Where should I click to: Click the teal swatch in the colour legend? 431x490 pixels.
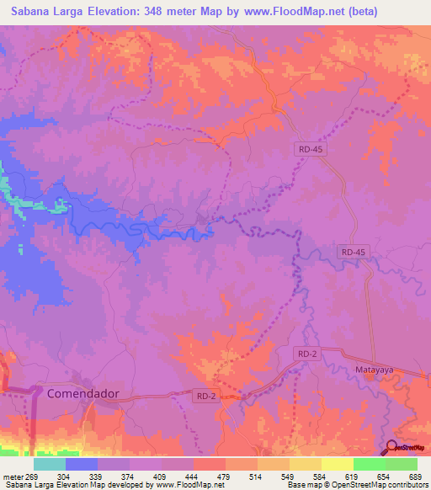click(50, 464)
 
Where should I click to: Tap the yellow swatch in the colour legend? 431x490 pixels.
click(338, 464)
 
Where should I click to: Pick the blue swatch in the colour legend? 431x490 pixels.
click(82, 464)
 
